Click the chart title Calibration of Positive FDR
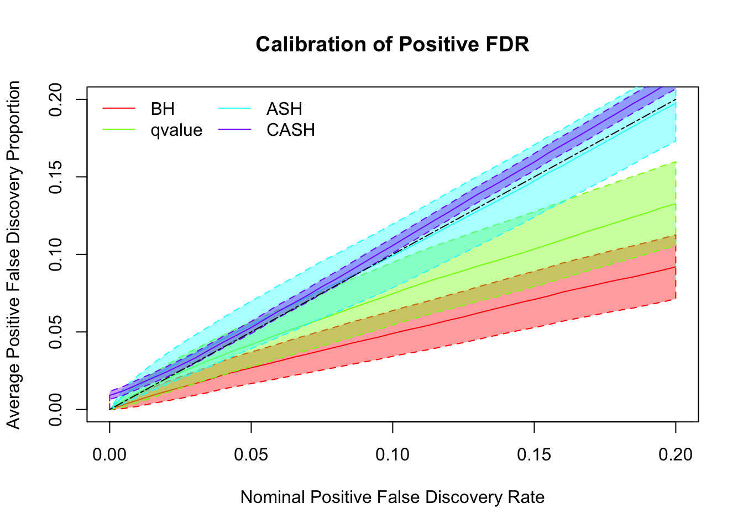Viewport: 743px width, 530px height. (x=393, y=44)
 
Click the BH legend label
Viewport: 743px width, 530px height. (x=163, y=109)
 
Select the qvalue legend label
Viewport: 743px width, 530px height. (x=176, y=130)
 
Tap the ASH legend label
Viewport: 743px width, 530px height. (x=284, y=109)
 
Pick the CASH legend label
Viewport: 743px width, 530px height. (x=291, y=130)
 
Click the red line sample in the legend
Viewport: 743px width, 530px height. (x=119, y=109)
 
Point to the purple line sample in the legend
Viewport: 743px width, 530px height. (x=235, y=130)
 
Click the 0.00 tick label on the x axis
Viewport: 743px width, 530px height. (x=109, y=454)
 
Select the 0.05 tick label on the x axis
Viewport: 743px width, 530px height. (x=251, y=454)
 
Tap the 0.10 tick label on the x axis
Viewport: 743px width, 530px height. (x=393, y=454)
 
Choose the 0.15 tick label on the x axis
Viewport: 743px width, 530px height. (x=534, y=454)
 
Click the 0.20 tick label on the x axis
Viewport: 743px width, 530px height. (x=676, y=454)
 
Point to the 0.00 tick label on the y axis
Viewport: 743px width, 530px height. (x=55, y=410)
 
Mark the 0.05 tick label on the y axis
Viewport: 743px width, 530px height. (x=55, y=332)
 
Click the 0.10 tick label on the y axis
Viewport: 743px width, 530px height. (x=55, y=255)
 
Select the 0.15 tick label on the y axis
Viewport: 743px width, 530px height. (x=55, y=177)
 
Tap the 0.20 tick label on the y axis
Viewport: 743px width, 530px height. (x=55, y=99)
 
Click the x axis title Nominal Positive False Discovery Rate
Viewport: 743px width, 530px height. (x=393, y=497)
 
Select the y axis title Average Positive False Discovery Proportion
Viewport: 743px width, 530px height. (x=13, y=255)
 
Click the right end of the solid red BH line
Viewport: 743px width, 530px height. (x=675, y=267)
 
